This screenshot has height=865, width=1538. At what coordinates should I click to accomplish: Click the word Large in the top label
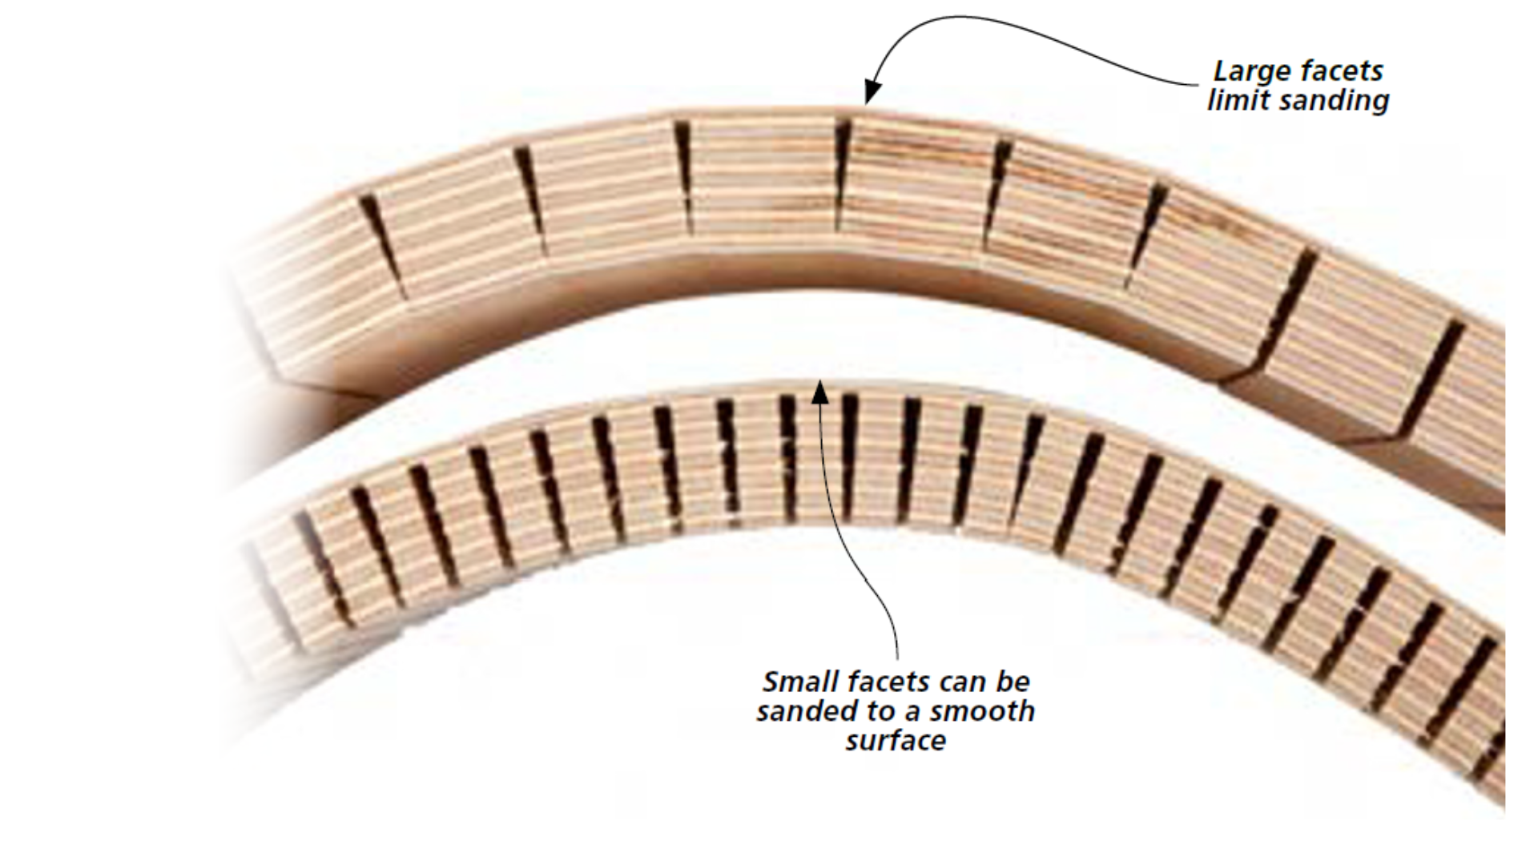tap(1248, 72)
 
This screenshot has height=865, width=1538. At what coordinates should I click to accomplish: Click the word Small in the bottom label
tap(794, 682)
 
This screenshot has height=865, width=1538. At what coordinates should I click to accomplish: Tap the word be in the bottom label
tap(1013, 682)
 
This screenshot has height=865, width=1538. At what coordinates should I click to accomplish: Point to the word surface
tap(896, 741)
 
